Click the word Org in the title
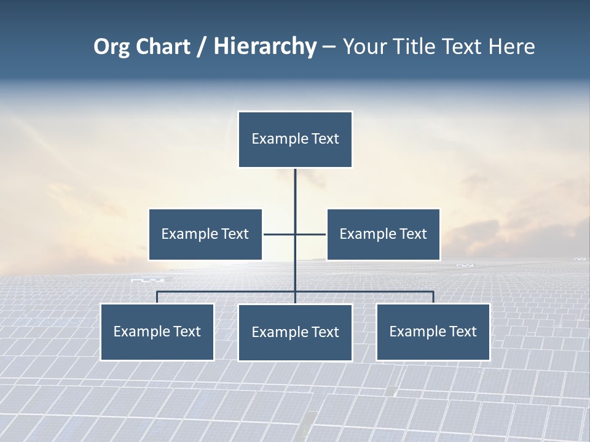pos(112,47)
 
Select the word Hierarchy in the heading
pos(264,47)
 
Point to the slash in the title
pos(202,47)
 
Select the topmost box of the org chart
pos(295,139)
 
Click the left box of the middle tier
pos(205,235)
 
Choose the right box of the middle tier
pos(383,235)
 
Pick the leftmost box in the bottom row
pos(157,332)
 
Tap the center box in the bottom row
pos(295,333)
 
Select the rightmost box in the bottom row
pos(433,332)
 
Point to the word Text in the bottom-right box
pos(463,332)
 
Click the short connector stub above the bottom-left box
pos(157,297)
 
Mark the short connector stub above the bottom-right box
pos(433,297)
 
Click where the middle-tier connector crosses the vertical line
pos(295,235)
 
